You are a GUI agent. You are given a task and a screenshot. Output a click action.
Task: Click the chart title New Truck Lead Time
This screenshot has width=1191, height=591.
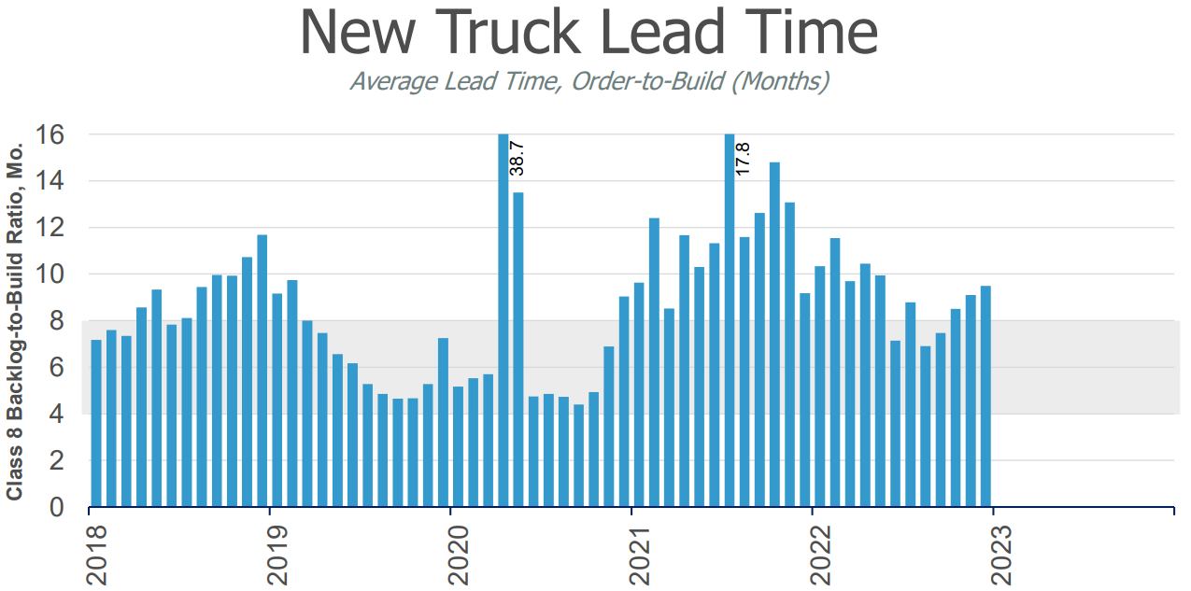pos(588,33)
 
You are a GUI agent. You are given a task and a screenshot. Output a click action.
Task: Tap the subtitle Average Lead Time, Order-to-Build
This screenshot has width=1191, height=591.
pos(589,81)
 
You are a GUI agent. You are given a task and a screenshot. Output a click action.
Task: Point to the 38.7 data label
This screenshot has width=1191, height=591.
pos(517,158)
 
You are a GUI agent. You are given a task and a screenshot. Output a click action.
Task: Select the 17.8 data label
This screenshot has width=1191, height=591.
pos(743,158)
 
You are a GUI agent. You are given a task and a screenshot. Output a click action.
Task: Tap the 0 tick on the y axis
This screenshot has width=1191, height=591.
pos(57,507)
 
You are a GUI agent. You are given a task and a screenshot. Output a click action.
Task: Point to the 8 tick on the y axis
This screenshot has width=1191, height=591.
pos(57,320)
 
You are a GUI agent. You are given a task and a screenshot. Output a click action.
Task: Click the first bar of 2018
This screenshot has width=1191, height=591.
pos(95,423)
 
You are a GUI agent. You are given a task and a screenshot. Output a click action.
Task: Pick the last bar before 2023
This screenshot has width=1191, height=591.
pos(985,397)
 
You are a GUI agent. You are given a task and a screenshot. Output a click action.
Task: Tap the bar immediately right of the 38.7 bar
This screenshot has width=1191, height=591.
pos(518,350)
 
